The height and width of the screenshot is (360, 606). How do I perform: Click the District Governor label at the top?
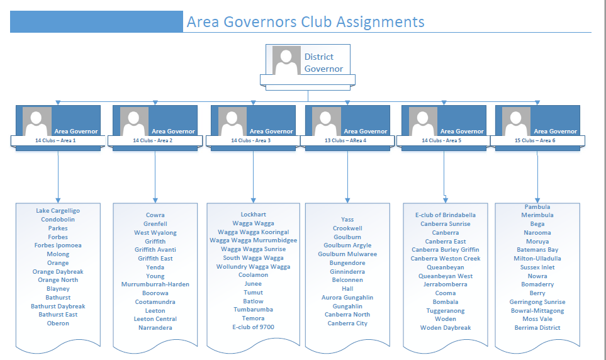(x=323, y=62)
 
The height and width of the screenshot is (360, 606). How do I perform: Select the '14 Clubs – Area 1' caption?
(x=55, y=140)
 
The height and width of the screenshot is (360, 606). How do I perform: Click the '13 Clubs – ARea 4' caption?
(x=345, y=140)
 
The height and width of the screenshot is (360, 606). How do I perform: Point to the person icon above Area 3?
(x=232, y=121)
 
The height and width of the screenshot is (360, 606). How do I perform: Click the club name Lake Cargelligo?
(x=58, y=210)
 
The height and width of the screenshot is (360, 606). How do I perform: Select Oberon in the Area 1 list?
(x=58, y=323)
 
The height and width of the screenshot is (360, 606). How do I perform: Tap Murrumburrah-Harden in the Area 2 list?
(x=155, y=284)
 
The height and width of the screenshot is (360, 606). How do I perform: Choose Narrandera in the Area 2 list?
(x=155, y=328)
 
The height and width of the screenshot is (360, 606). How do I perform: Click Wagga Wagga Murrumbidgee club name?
(x=253, y=240)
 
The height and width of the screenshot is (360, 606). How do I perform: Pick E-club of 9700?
(x=253, y=327)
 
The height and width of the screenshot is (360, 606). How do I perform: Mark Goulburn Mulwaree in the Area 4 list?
(x=347, y=254)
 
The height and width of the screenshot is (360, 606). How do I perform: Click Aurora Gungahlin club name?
(x=347, y=298)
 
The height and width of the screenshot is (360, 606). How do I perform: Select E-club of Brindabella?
(x=446, y=215)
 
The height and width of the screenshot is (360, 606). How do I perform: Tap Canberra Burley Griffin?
(x=446, y=250)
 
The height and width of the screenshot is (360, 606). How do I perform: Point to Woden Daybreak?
(x=446, y=328)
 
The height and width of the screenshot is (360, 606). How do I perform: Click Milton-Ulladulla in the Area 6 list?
(x=537, y=259)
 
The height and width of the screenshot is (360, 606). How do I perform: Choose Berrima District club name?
(x=537, y=328)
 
